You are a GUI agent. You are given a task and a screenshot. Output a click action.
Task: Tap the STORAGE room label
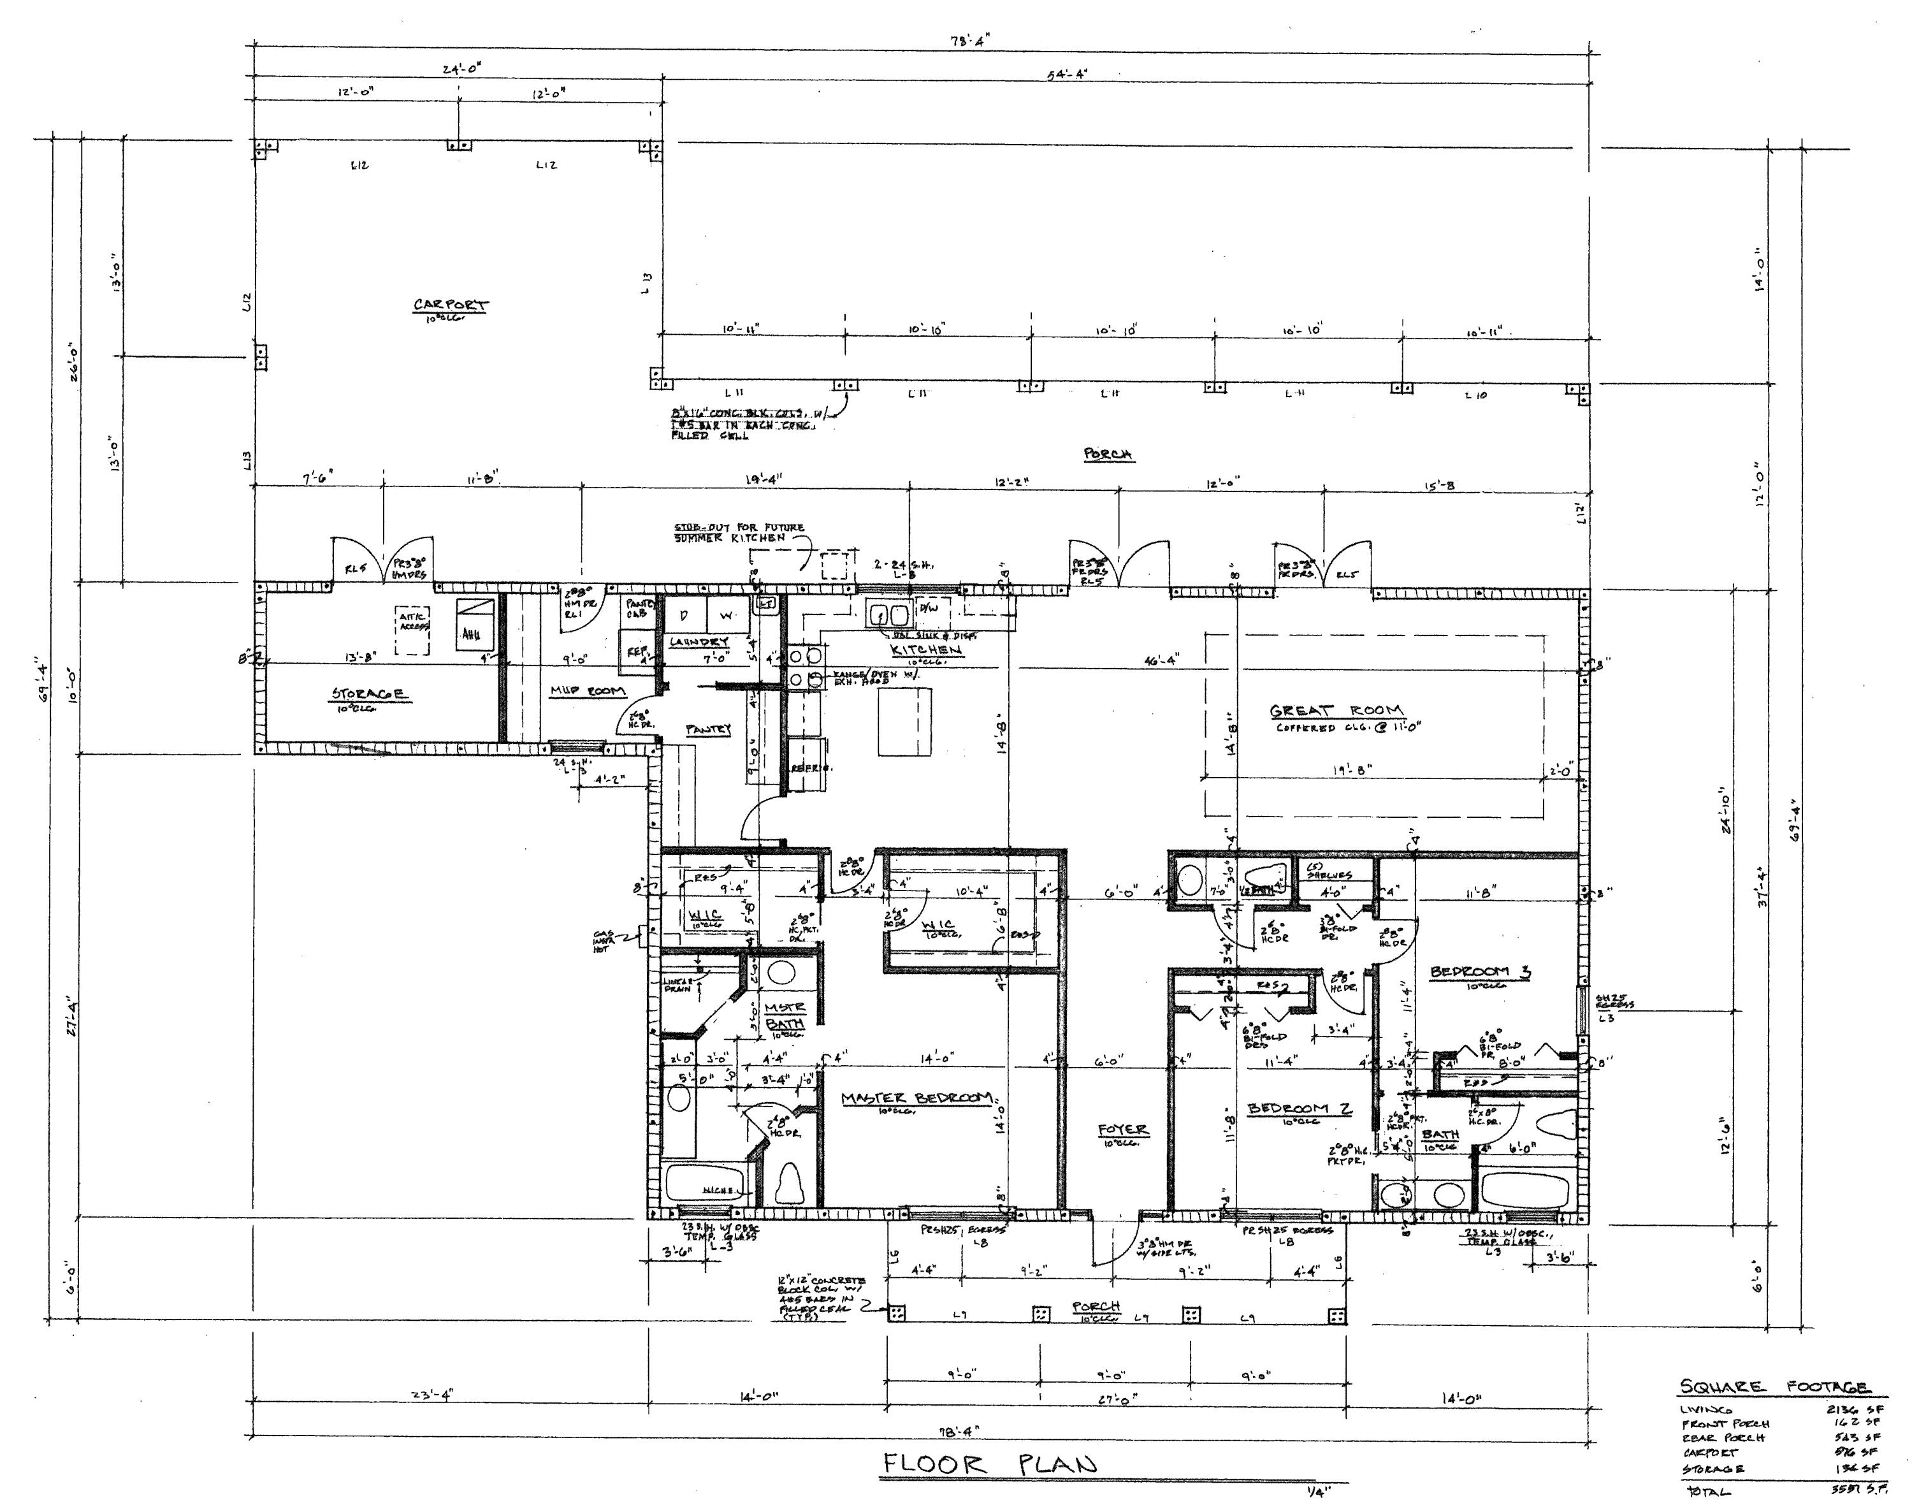click(x=369, y=694)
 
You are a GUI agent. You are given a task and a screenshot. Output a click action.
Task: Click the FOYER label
click(x=1122, y=1129)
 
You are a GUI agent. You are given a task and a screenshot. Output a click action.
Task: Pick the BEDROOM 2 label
click(x=1299, y=1109)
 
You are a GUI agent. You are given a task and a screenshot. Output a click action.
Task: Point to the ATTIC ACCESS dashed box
click(x=412, y=629)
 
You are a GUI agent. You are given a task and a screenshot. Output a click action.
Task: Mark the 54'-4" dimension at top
click(x=1067, y=74)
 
